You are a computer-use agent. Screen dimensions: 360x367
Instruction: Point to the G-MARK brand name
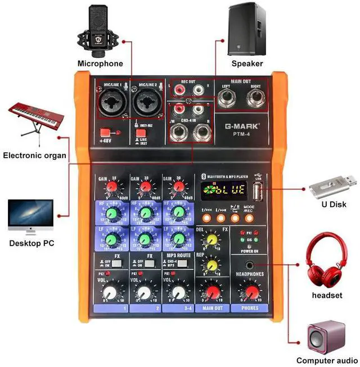click(x=236, y=128)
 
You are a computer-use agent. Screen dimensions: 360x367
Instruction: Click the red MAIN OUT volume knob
click(x=212, y=292)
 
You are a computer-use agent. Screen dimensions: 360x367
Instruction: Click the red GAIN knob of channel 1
click(x=112, y=186)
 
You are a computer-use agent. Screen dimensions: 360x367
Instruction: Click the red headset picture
click(x=327, y=264)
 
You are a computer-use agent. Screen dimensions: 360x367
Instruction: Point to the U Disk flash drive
click(x=334, y=182)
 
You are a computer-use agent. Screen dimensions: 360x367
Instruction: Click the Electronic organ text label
click(x=34, y=156)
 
